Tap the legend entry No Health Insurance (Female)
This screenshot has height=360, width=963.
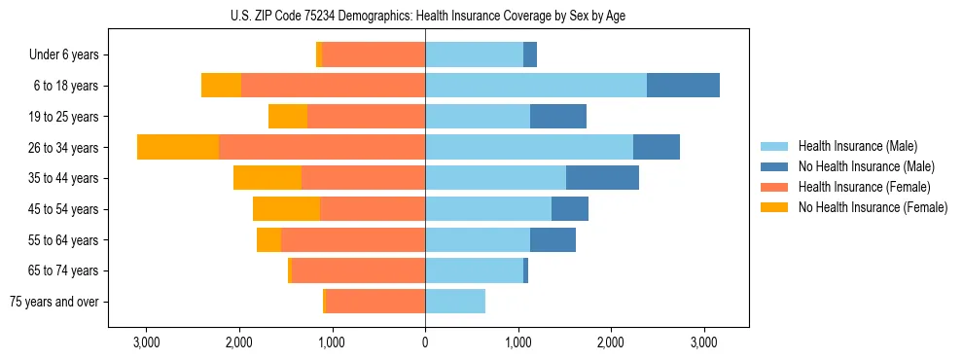pos(872,207)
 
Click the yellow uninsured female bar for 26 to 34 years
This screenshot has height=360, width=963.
pos(178,147)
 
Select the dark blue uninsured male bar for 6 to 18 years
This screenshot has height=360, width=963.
pos(683,86)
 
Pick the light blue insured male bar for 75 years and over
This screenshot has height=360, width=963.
pos(455,302)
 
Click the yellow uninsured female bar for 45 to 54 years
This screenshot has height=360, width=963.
pos(286,209)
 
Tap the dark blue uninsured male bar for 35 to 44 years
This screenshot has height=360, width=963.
pos(602,178)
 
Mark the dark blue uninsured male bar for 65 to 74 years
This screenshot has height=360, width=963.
pos(525,270)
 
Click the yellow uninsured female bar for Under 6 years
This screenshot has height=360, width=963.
pos(319,55)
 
